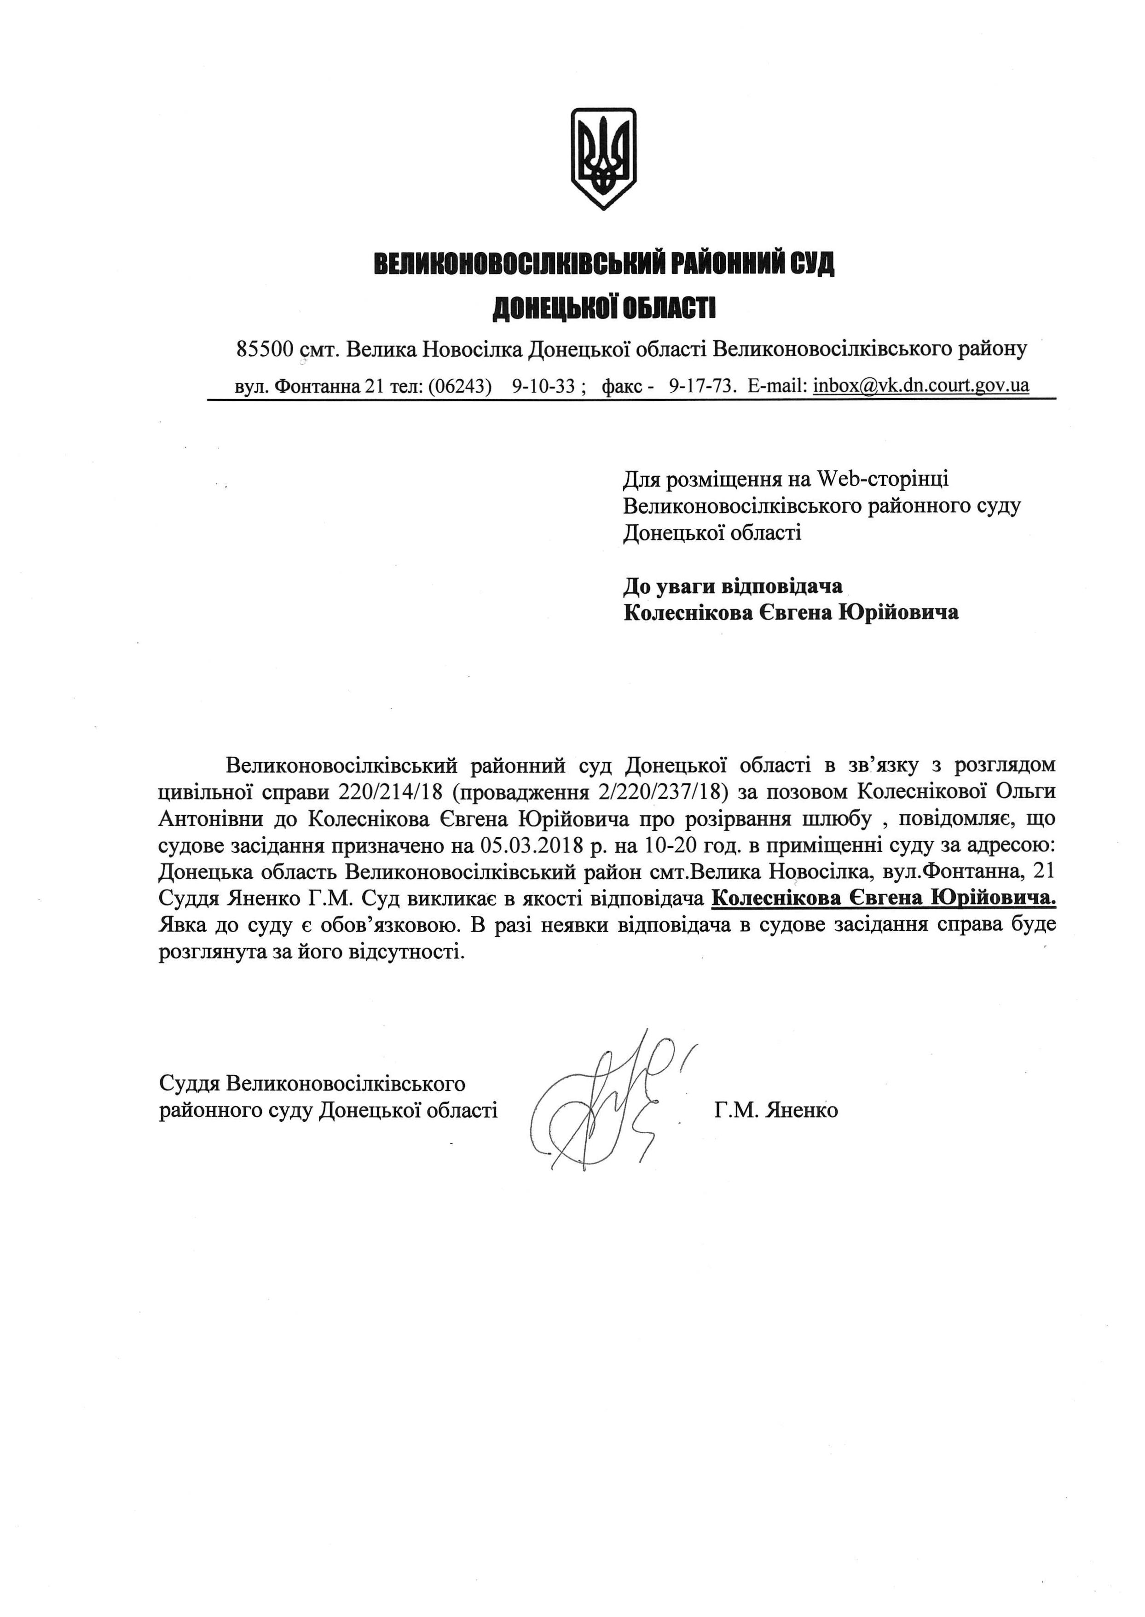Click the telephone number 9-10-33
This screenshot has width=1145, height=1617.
(543, 387)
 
